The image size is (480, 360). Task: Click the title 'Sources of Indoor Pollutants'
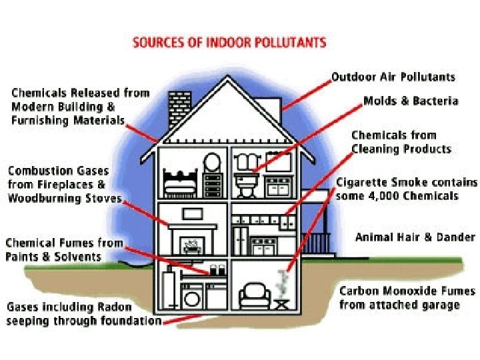coord(229,43)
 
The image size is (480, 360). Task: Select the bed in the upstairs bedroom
coord(179,181)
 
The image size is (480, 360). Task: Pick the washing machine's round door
coord(191,298)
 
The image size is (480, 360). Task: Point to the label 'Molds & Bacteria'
coord(411,101)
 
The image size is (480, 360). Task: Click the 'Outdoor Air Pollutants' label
coord(393,77)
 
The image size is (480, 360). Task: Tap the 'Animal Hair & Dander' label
coord(415,237)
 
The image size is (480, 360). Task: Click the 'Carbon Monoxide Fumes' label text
coord(407,291)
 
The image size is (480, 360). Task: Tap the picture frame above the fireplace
coord(193,214)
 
